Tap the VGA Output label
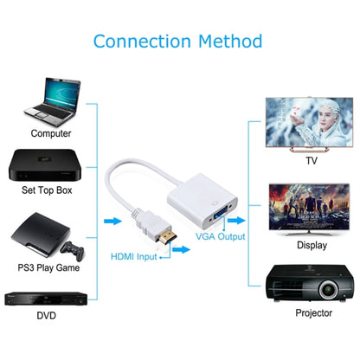tap(219, 236)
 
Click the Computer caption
tap(51, 133)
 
